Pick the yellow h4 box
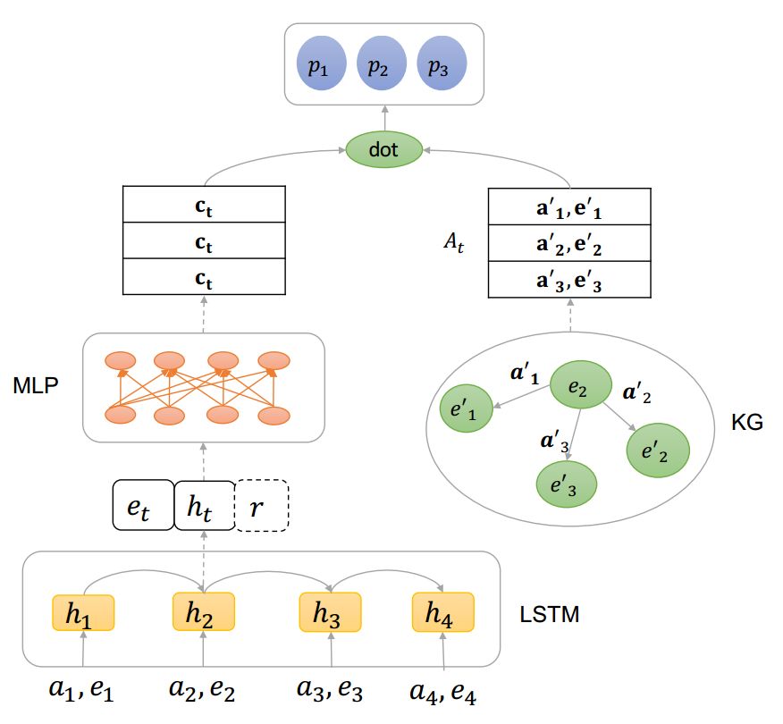(x=442, y=614)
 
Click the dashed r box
(x=262, y=506)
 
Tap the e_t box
(x=142, y=506)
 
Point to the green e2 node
(x=577, y=385)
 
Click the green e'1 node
(x=468, y=409)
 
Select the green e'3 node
(x=565, y=483)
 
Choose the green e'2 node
(x=658, y=450)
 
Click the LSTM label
(x=550, y=615)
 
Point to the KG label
(x=747, y=423)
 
